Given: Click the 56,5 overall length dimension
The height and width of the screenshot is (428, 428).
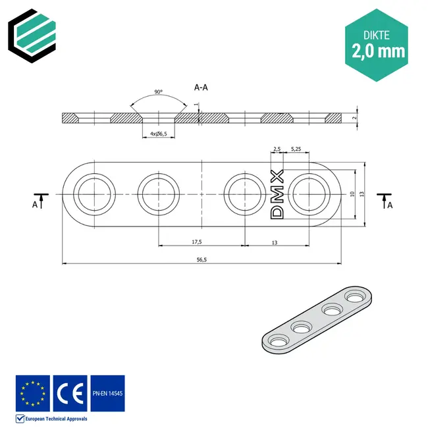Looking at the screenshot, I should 201,260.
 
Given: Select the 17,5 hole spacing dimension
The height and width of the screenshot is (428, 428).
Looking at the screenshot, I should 197,242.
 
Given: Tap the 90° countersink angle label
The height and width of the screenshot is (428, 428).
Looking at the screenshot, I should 159,92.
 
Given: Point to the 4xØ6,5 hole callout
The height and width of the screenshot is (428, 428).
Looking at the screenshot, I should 159,134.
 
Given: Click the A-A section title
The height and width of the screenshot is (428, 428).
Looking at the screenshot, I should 202,86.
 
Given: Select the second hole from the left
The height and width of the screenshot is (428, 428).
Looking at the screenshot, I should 159,195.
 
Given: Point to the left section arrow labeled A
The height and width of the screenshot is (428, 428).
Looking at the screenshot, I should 40,200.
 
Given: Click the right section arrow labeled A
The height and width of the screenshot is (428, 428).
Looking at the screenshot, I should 385,200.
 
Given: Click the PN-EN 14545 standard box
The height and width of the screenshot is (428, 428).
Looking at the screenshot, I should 107,393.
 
